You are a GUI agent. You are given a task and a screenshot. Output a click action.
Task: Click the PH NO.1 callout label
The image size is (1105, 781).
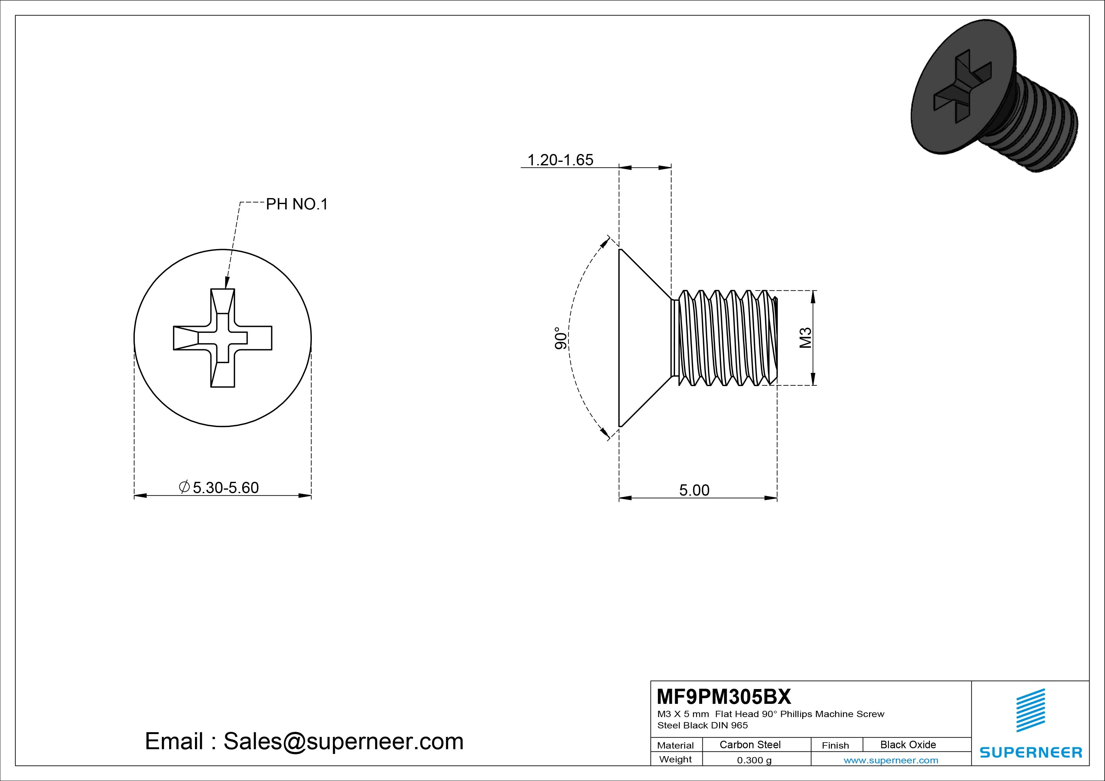click(x=296, y=204)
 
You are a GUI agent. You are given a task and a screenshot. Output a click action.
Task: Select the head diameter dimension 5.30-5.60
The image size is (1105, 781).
click(x=225, y=487)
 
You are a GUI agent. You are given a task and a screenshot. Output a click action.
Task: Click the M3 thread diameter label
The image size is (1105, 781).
click(x=805, y=338)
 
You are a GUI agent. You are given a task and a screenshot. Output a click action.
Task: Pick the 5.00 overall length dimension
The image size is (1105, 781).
click(x=694, y=490)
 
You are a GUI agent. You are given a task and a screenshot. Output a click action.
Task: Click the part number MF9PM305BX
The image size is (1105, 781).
click(x=723, y=696)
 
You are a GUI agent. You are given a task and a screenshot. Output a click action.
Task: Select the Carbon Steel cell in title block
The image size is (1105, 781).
click(x=750, y=744)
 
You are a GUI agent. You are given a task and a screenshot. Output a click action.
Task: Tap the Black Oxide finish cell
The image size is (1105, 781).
click(x=908, y=744)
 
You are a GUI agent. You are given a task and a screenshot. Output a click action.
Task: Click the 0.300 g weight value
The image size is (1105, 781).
click(x=754, y=760)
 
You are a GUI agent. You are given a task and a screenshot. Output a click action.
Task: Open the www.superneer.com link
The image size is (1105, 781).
click(x=891, y=760)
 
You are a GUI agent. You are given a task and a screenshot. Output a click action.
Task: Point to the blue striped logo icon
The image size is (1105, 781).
click(x=1030, y=710)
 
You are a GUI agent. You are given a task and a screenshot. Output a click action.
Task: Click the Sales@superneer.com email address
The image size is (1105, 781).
click(x=343, y=742)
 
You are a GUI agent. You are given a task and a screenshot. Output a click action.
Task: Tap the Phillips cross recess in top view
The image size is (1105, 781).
click(x=222, y=338)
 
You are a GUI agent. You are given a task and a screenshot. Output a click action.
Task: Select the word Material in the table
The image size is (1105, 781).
click(x=675, y=745)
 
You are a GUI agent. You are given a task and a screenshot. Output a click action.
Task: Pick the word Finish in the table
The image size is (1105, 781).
click(x=835, y=745)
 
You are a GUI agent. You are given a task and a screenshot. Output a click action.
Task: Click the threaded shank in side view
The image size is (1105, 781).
click(x=724, y=338)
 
